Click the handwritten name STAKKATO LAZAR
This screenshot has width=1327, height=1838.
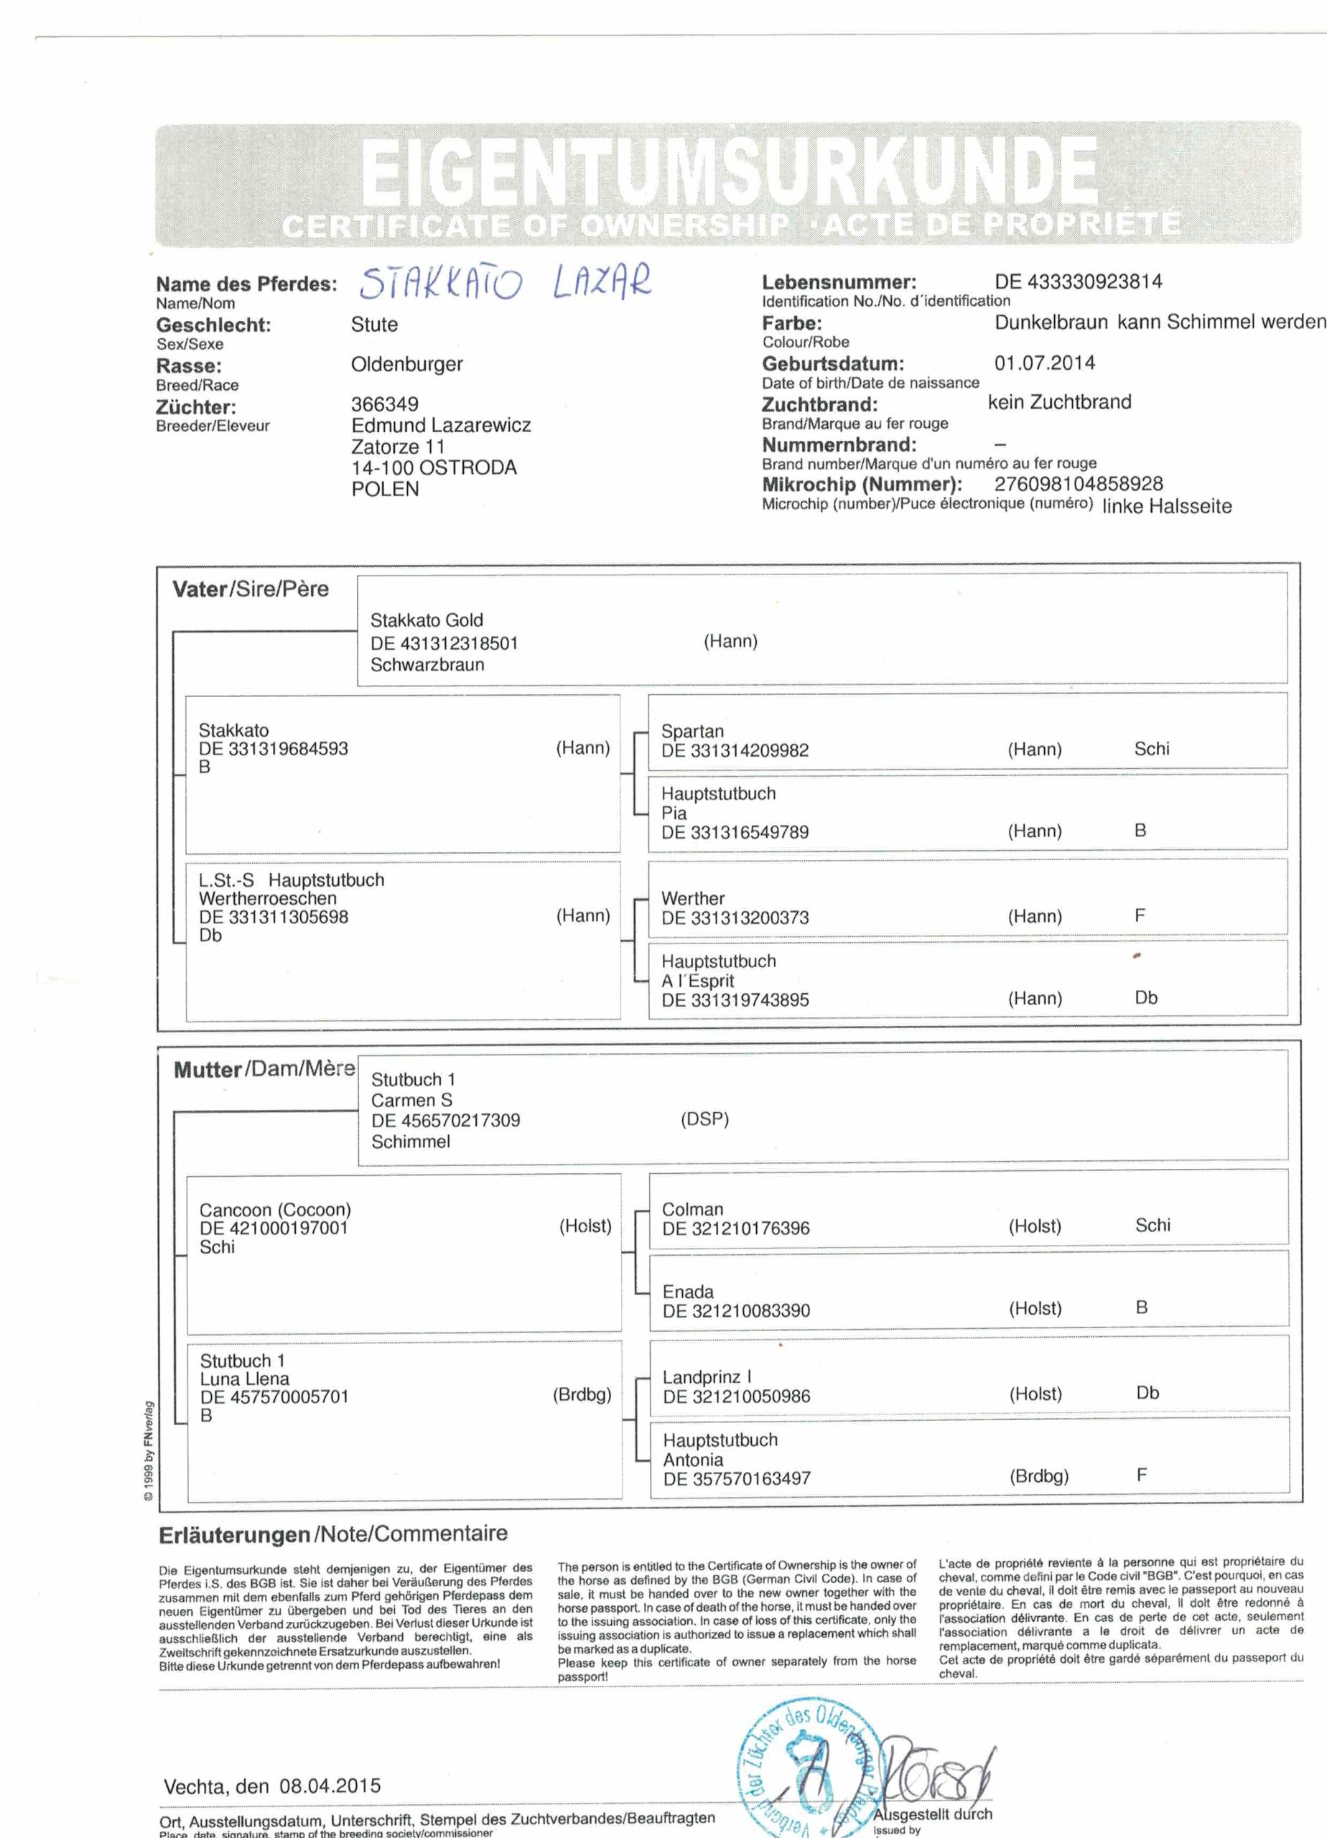pos(504,283)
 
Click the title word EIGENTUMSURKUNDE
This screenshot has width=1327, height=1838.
pos(728,172)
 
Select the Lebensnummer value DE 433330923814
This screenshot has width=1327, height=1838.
pos(1077,282)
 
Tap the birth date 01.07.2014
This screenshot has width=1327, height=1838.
pos(1044,363)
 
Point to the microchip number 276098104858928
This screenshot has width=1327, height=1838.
pos(1078,484)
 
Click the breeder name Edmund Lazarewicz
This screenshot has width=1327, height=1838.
pos(440,426)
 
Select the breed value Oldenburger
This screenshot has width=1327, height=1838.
pos(406,365)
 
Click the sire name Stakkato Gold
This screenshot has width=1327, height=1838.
pos(427,620)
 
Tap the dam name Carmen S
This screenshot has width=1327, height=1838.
pos(411,1100)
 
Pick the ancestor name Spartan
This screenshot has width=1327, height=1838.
pos(692,731)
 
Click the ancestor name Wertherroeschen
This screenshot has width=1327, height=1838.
pos(268,898)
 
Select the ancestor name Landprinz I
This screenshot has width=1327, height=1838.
pos(706,1377)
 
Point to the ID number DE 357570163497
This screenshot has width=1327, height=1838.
pos(736,1478)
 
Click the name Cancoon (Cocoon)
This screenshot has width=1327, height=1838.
pos(275,1210)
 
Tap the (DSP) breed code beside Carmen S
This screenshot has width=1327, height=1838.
pos(704,1119)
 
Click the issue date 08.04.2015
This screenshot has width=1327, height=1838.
pos(329,1786)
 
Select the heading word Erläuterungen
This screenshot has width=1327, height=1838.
pos(234,1534)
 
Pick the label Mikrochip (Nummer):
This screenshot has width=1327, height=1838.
pos(862,485)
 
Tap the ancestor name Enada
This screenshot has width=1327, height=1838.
pos(687,1292)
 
